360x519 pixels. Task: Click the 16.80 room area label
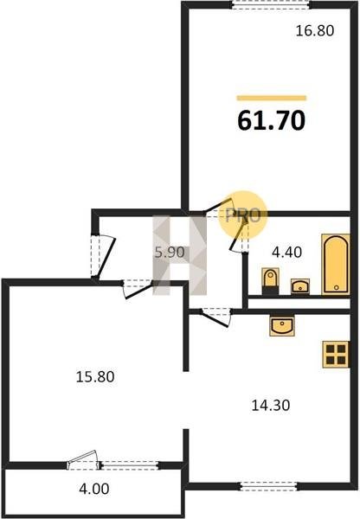pos(315,31)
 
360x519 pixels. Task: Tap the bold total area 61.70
pos(271,120)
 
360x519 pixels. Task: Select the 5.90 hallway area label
pos(170,253)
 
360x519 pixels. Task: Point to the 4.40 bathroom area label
pos(286,253)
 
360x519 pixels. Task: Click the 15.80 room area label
pos(95,376)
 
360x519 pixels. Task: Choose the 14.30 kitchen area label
pos(271,405)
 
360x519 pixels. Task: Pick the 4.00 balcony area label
pos(94,489)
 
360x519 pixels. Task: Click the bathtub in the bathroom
pos(336,264)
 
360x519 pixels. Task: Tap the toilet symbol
pos(270,281)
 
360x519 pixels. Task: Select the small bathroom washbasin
pos(300,286)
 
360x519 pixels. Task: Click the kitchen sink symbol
pos(282,326)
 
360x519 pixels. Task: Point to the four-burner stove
pos(336,355)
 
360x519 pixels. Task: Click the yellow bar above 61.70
pos(271,98)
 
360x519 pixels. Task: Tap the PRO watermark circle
pos(243,215)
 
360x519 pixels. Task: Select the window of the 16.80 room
pos(271,4)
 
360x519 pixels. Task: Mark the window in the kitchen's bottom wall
pos(268,486)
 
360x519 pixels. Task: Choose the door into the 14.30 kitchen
pos(215,317)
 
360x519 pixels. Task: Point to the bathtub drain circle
pos(336,287)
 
